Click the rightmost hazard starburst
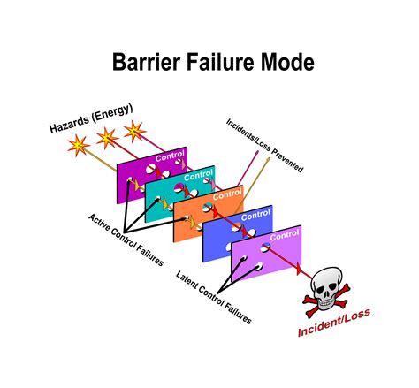pos(135,132)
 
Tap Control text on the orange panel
pos(227,193)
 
